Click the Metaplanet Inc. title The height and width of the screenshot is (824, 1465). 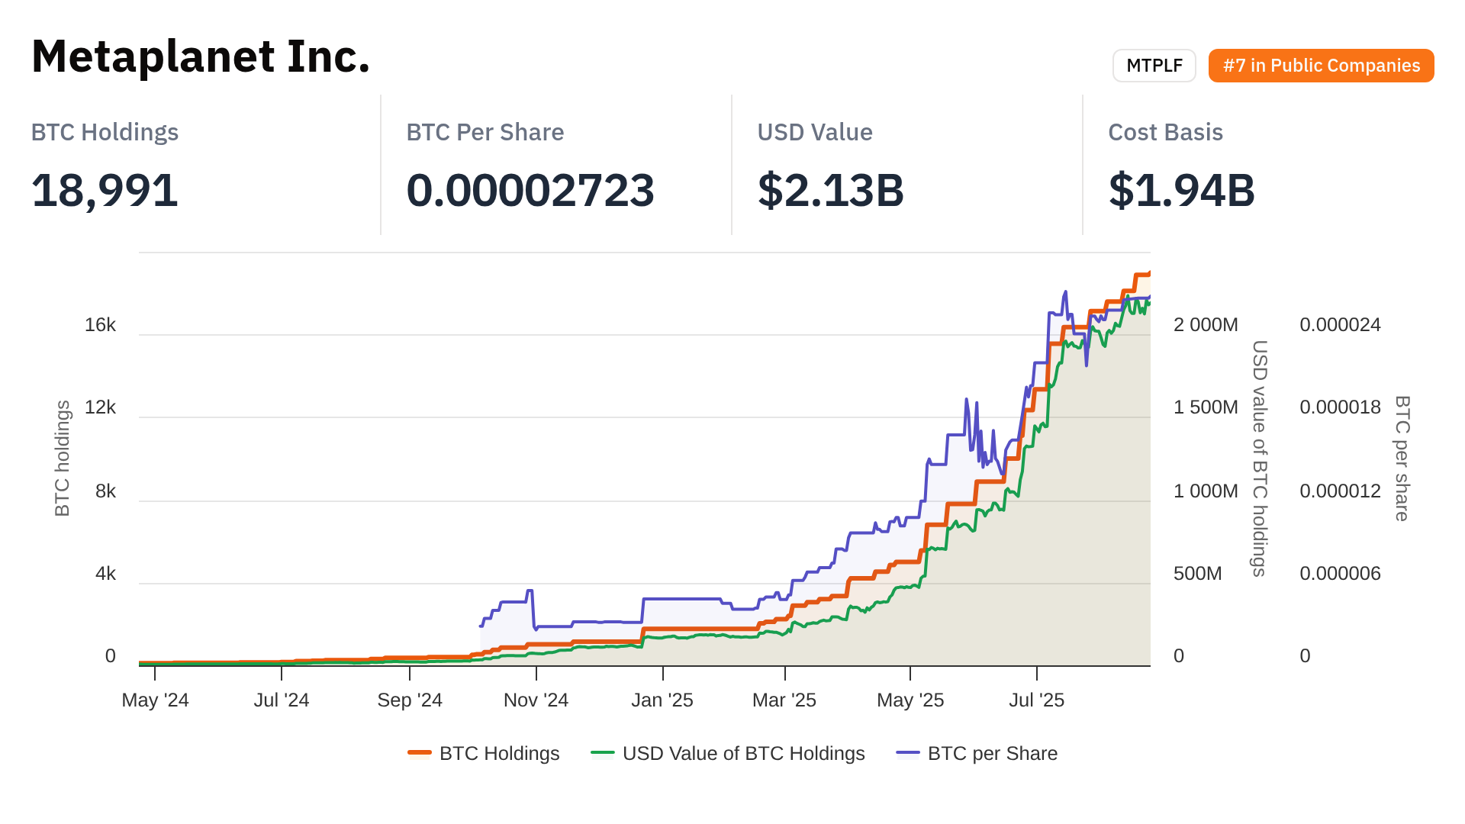pyautogui.click(x=201, y=56)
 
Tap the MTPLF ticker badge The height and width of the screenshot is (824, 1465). pyautogui.click(x=1154, y=66)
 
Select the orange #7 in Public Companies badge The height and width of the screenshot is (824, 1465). pyautogui.click(x=1321, y=66)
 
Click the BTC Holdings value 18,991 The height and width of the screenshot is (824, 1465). pyautogui.click(x=105, y=190)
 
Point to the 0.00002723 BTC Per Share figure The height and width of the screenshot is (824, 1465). pyautogui.click(x=530, y=190)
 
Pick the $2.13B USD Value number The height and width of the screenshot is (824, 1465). pyautogui.click(x=830, y=190)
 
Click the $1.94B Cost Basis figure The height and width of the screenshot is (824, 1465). pyautogui.click(x=1181, y=190)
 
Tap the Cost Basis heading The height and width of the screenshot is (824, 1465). pyautogui.click(x=1165, y=132)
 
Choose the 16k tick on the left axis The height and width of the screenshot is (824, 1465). pyautogui.click(x=100, y=325)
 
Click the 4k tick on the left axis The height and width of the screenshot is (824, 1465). pyautogui.click(x=105, y=574)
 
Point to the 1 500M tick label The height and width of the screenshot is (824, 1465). pyautogui.click(x=1206, y=407)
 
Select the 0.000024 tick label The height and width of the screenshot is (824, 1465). pyautogui.click(x=1340, y=325)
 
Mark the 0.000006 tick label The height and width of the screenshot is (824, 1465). pyautogui.click(x=1340, y=574)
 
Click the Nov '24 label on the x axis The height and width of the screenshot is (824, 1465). pyautogui.click(x=536, y=700)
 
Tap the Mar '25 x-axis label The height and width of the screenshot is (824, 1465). pyautogui.click(x=784, y=700)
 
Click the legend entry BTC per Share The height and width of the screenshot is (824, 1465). pyautogui.click(x=977, y=754)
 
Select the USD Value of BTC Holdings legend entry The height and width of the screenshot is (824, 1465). pyautogui.click(x=728, y=754)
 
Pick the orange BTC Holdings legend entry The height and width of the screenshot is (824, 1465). pyautogui.click(x=484, y=754)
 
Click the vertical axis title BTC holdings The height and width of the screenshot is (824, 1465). pyautogui.click(x=63, y=458)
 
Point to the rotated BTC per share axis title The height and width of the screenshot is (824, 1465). pyautogui.click(x=1402, y=458)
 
